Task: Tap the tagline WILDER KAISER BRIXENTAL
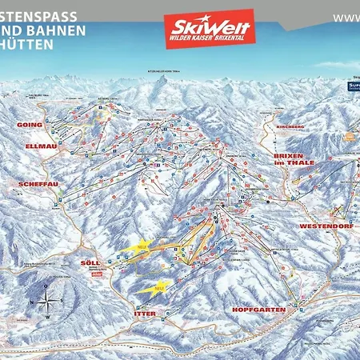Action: [210, 40]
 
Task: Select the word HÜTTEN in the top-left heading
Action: [27, 45]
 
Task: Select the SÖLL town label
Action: [92, 262]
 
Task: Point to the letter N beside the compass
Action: [31, 302]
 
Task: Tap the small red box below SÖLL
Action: [98, 273]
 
